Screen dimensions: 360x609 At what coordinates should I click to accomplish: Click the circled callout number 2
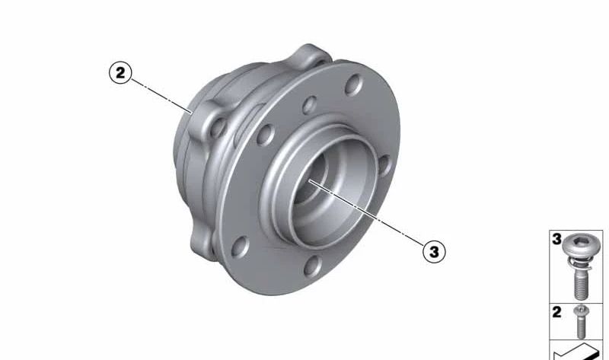coord(120,74)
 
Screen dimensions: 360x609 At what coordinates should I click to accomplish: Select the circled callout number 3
coord(434,250)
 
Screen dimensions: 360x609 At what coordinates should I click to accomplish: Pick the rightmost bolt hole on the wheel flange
coord(384,165)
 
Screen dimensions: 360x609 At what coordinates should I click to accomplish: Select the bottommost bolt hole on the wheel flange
coord(311,266)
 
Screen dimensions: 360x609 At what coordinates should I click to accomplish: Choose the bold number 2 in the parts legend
coord(557,311)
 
